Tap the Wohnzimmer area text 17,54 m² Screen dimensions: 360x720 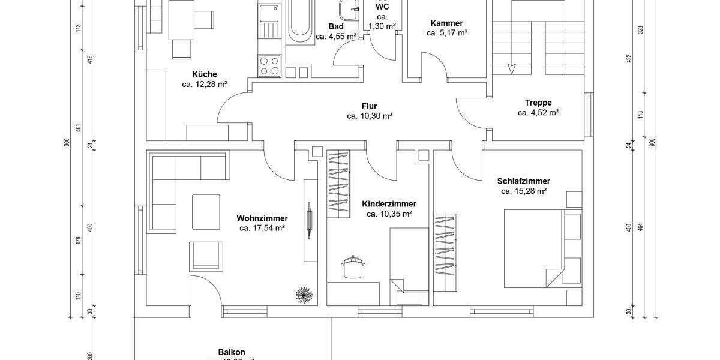(x=262, y=228)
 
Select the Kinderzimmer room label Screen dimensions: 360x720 (x=389, y=204)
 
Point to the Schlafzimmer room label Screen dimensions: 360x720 (x=523, y=181)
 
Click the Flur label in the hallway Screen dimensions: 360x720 (x=369, y=106)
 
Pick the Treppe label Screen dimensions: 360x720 (x=538, y=103)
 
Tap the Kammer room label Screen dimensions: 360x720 (x=446, y=23)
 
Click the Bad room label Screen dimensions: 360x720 (x=336, y=26)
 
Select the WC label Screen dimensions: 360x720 (x=382, y=7)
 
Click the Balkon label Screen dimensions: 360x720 (x=232, y=353)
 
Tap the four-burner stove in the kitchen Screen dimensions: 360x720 (x=269, y=65)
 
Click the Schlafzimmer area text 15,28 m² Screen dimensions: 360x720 (x=523, y=191)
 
